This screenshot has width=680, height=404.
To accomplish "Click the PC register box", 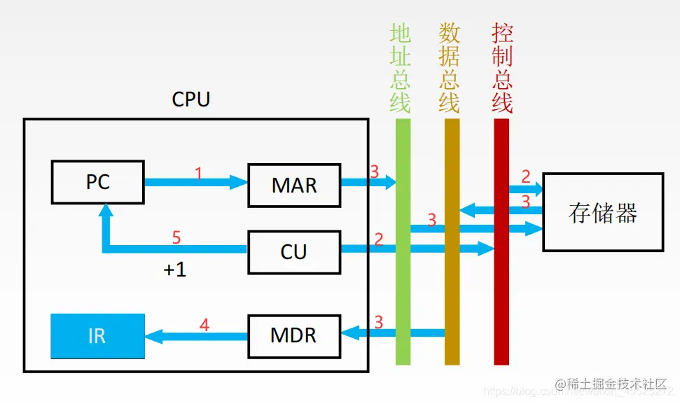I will (97, 183).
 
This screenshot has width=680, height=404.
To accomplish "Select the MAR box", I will (294, 186).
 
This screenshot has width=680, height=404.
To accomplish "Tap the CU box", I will (294, 252).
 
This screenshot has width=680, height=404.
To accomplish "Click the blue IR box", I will (97, 335).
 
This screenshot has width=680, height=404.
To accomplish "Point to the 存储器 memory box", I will (603, 213).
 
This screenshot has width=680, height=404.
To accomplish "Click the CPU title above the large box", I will (190, 99).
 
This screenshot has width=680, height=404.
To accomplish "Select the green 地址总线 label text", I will (401, 68).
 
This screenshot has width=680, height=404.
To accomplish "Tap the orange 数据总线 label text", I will (450, 68).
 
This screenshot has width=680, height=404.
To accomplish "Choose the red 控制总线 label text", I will (502, 68).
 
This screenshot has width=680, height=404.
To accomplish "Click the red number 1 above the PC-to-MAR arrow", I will (198, 172).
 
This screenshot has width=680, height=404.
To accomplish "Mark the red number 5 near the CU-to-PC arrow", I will (176, 238).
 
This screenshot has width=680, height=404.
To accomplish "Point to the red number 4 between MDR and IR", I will (204, 325).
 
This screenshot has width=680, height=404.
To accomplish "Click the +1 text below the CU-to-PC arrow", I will (175, 270).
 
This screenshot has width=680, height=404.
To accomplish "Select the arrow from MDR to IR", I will (196, 337).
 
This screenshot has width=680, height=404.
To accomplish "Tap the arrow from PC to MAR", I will (196, 183).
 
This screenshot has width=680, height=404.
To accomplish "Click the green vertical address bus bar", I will (403, 294).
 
